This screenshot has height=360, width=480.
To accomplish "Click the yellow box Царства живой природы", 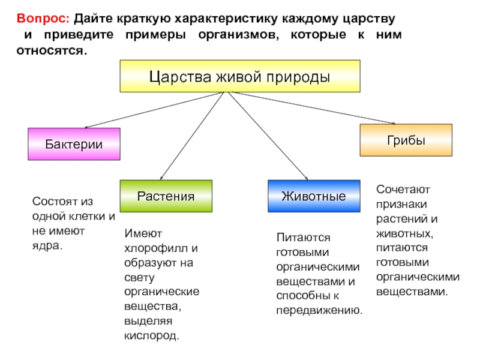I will click(240, 76).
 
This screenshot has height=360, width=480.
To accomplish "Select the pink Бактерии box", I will click(74, 144).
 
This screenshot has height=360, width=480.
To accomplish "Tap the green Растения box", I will click(166, 196).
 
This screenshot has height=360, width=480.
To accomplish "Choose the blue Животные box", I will click(314, 196).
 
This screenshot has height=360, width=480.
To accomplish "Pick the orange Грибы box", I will click(405, 140).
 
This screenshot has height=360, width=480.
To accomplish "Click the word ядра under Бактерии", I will click(47, 246).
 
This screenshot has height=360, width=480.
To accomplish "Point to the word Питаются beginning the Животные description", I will click(303, 238).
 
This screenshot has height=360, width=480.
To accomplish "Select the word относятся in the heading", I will click(52, 51).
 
